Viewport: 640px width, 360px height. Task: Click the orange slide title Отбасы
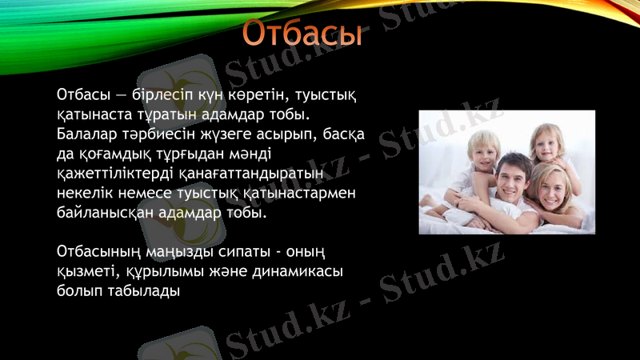[302, 34]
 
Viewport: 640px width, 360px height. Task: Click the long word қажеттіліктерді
[122, 174]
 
